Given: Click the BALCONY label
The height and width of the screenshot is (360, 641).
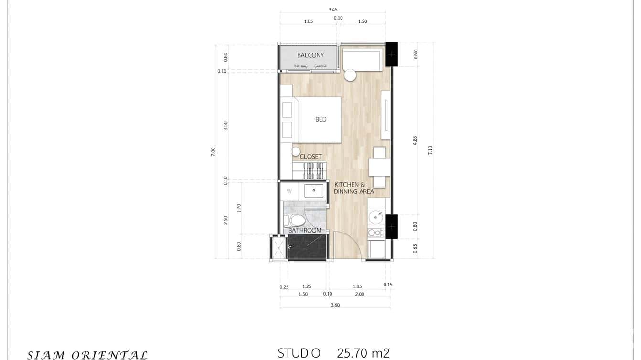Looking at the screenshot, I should pyautogui.click(x=310, y=55).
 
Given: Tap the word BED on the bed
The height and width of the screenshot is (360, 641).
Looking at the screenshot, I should pyautogui.click(x=320, y=119).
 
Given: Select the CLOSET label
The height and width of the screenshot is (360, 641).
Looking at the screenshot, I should pyautogui.click(x=310, y=157).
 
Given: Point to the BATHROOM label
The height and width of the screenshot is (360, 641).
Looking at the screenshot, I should pyautogui.click(x=305, y=230).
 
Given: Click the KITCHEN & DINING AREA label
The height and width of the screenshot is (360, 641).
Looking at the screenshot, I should pyautogui.click(x=354, y=188).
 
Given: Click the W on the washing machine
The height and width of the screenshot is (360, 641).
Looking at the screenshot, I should pyautogui.click(x=289, y=191).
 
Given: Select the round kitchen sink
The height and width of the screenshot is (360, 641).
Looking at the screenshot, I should pyautogui.click(x=376, y=218).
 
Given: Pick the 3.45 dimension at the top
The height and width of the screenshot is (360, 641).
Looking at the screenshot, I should pyautogui.click(x=333, y=9).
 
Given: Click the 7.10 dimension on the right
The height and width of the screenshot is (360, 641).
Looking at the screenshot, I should pyautogui.click(x=430, y=149).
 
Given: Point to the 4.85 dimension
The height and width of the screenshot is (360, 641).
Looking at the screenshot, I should pyautogui.click(x=415, y=140).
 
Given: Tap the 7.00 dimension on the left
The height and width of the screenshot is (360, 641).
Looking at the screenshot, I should pyautogui.click(x=213, y=151).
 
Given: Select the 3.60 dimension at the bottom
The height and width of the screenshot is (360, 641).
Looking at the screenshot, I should pyautogui.click(x=335, y=305).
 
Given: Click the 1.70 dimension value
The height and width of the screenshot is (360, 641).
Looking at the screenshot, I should pyautogui.click(x=239, y=208).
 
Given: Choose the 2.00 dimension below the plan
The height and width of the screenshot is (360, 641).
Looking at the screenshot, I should pyautogui.click(x=359, y=294).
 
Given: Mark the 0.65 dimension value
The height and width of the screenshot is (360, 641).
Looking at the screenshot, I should pyautogui.click(x=415, y=248).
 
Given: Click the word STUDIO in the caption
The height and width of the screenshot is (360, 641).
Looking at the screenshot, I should pyautogui.click(x=299, y=353).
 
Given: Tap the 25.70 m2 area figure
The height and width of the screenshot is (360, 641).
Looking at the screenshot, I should pyautogui.click(x=363, y=353).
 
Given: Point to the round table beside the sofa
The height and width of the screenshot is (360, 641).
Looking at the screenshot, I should pyautogui.click(x=350, y=75).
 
